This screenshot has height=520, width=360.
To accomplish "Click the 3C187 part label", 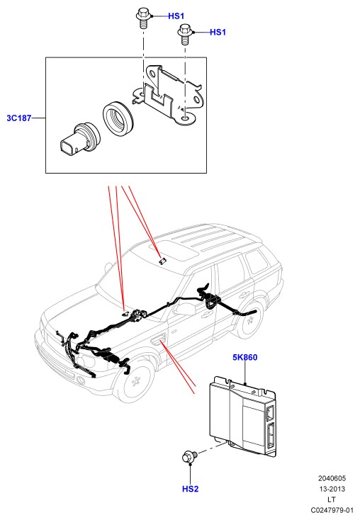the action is coord(19,118).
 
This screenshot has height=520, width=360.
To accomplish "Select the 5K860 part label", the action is coord(245,357).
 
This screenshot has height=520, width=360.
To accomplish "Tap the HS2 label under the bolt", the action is coord(190,489).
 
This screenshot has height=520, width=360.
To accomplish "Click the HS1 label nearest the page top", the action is coord(176,16).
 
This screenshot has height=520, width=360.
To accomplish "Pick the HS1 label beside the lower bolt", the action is coord(218,32).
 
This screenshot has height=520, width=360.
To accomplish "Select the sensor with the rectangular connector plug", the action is coord(79,140).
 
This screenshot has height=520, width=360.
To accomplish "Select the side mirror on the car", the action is coord(186,309).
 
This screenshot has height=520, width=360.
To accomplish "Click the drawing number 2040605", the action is coord(332,478).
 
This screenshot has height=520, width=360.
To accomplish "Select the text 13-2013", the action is coord(332,489).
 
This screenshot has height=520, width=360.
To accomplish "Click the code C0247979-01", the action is coord(332,509).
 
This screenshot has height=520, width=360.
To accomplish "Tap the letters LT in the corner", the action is coord(332,499).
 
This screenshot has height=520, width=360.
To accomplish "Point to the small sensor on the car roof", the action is coord(162,261).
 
